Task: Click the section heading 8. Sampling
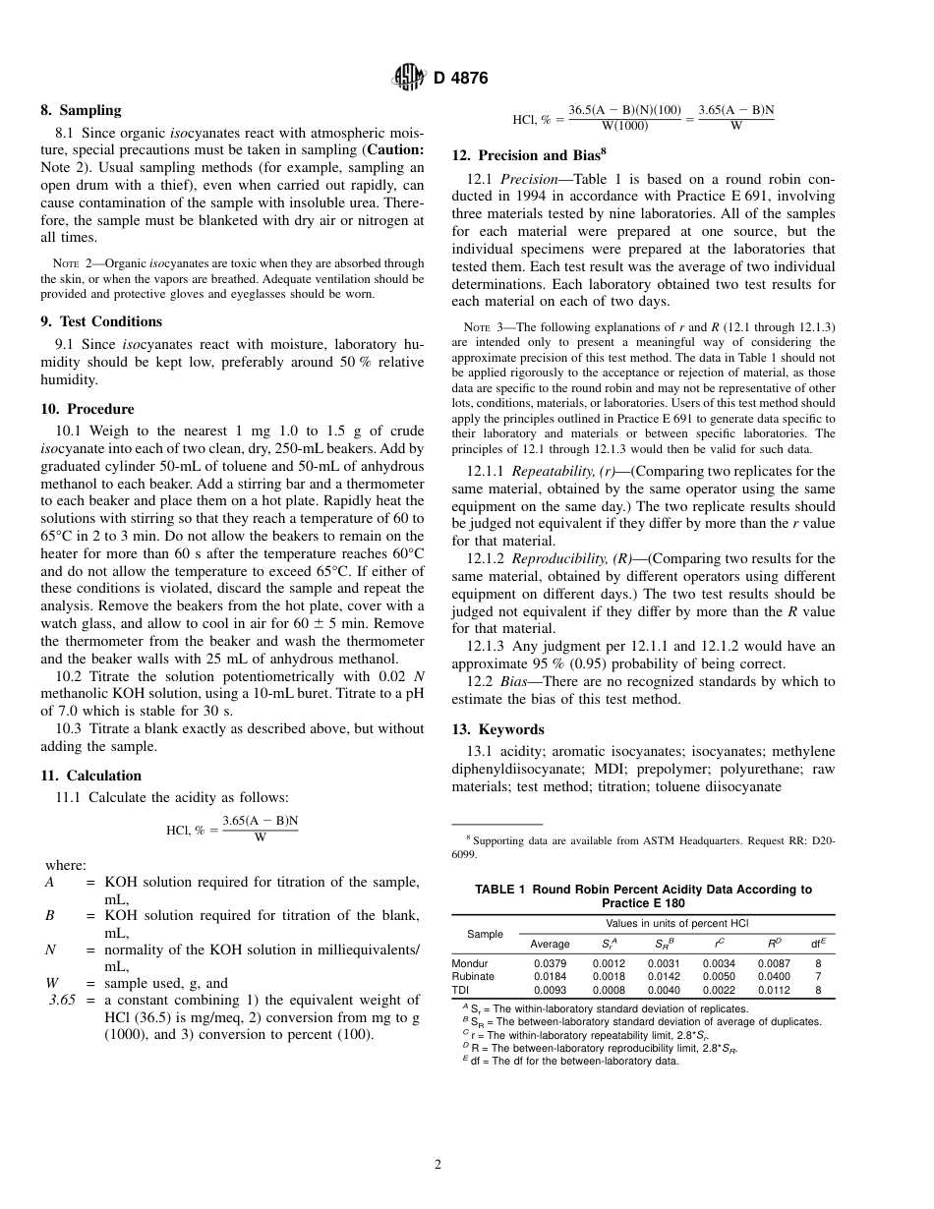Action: tap(81, 111)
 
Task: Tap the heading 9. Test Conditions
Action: tap(100, 321)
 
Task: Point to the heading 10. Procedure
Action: tap(87, 409)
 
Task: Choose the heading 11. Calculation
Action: tap(90, 776)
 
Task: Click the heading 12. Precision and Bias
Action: tap(532, 155)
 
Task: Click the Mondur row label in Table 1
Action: tap(469, 963)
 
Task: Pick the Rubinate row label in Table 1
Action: tap(473, 976)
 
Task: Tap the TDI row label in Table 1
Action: tap(460, 990)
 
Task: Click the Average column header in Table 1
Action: tap(550, 944)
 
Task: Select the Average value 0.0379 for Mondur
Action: tap(550, 963)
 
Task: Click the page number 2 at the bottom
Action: tap(438, 1165)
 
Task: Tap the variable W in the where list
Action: tap(52, 983)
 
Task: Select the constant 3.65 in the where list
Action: tap(62, 1000)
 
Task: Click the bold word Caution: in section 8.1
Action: tap(393, 149)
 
